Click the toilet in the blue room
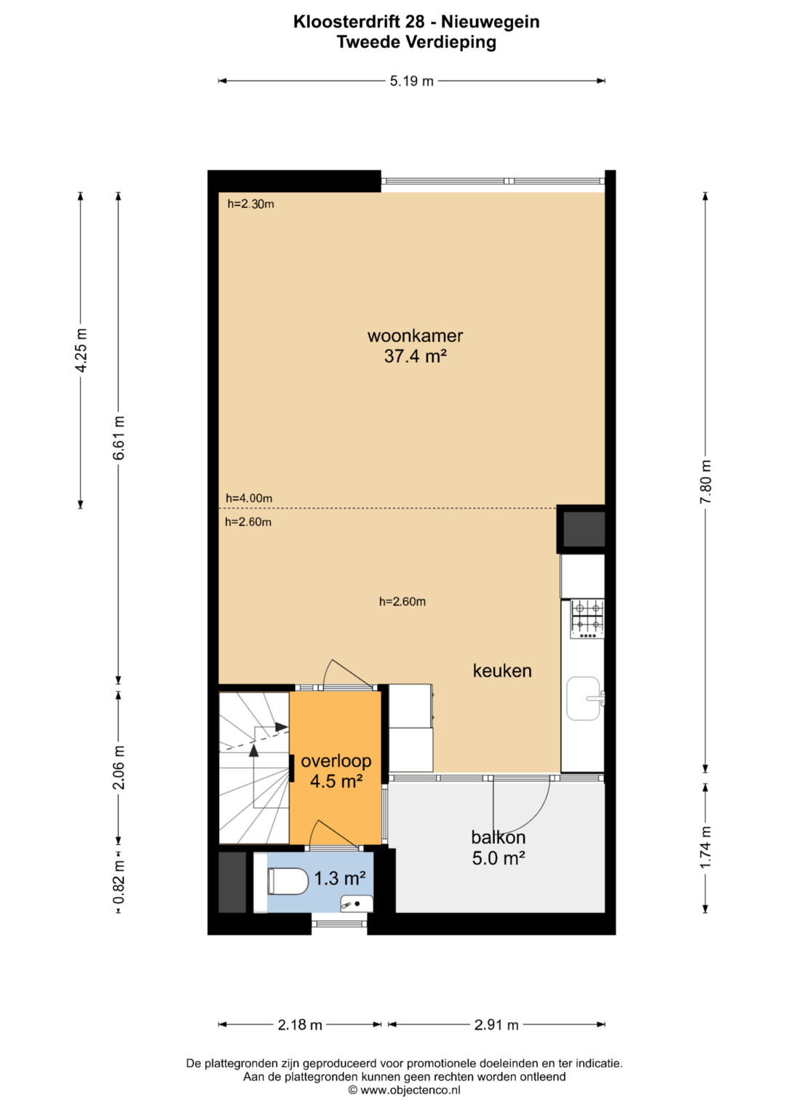(x=287, y=881)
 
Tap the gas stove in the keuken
(x=587, y=619)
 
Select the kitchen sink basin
(x=584, y=698)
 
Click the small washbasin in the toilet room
(x=357, y=904)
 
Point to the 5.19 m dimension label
(x=411, y=81)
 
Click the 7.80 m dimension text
(x=705, y=482)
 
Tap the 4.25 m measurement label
(x=80, y=350)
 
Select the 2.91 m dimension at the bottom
(x=496, y=1024)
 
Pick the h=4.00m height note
(x=249, y=498)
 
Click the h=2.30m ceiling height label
(x=250, y=204)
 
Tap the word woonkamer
(x=416, y=336)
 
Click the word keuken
(x=502, y=671)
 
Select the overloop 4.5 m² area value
(x=336, y=781)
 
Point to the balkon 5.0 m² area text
(x=499, y=858)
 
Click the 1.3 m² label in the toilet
(x=341, y=878)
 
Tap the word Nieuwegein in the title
(x=491, y=22)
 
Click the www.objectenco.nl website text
(x=410, y=1090)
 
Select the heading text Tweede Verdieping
(x=416, y=42)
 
